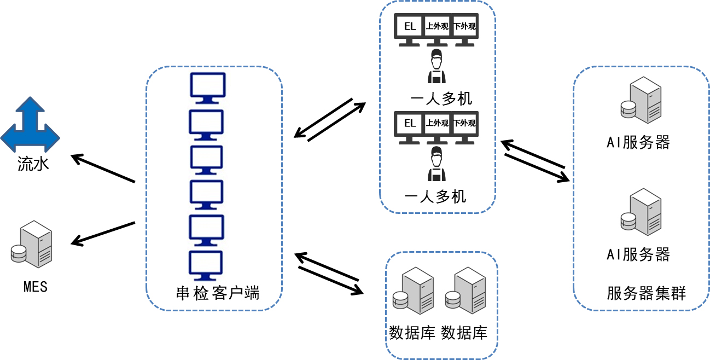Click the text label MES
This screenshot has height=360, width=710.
tap(36, 286)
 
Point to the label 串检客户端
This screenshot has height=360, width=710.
tap(214, 293)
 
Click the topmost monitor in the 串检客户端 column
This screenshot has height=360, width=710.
tap(207, 88)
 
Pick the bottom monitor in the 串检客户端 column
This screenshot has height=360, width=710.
tap(206, 265)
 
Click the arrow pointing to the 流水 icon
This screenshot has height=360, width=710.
tap(103, 169)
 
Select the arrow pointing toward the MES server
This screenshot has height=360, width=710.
tap(103, 233)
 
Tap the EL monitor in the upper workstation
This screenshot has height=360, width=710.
tap(410, 30)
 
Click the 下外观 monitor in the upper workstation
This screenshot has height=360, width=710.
tap(465, 30)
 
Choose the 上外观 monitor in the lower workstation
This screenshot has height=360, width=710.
tap(437, 127)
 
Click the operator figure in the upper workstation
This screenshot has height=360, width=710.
tap(436, 66)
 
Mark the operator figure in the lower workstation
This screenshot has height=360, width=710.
tap(436, 164)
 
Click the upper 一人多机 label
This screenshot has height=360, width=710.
tap(441, 98)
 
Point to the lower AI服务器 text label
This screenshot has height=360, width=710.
tap(638, 254)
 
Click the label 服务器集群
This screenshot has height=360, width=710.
tap(647, 293)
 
